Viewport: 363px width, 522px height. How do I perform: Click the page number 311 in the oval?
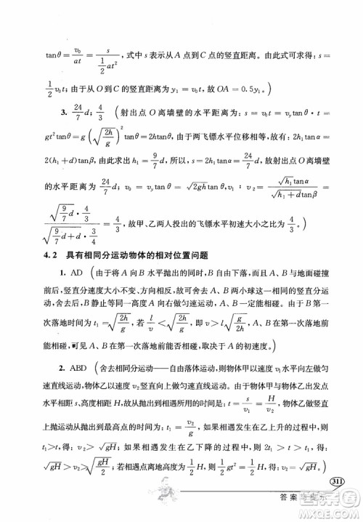click(338, 483)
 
